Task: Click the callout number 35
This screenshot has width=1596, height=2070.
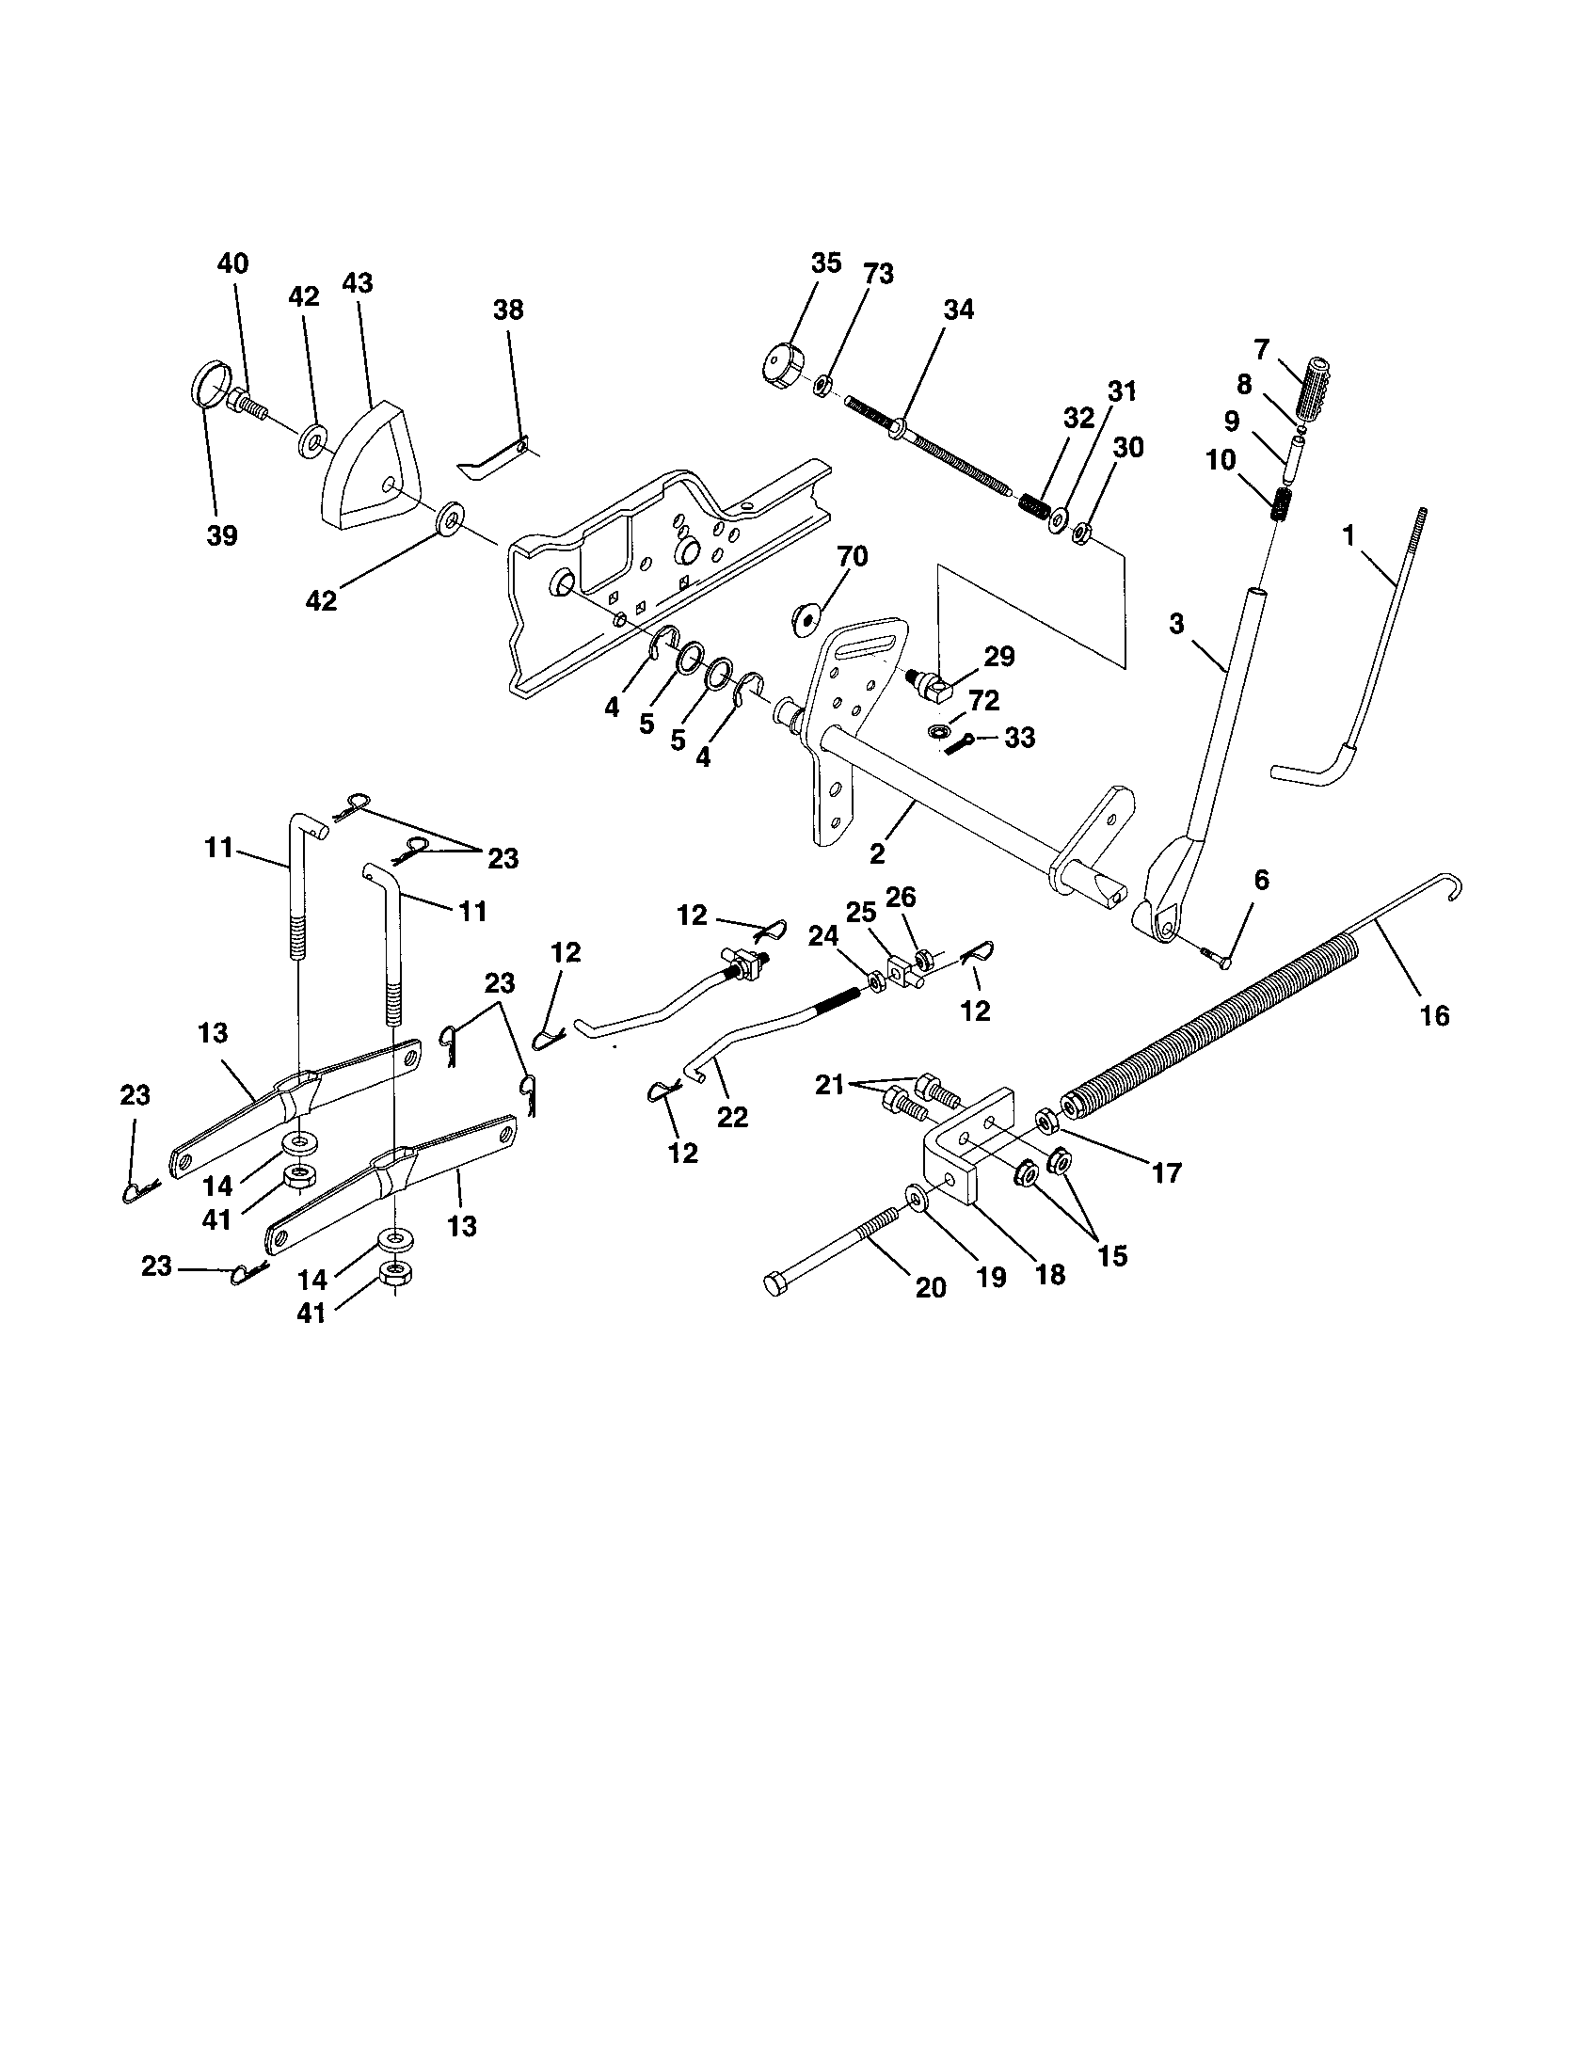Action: [x=826, y=263]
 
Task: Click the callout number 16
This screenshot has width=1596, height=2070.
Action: [x=1435, y=1016]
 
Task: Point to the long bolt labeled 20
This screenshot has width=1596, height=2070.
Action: [x=834, y=1247]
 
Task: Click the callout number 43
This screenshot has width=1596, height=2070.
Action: [x=358, y=283]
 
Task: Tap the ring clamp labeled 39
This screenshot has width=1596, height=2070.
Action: [x=208, y=390]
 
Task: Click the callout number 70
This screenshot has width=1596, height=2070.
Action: [x=852, y=556]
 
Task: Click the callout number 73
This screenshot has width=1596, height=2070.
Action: [x=878, y=274]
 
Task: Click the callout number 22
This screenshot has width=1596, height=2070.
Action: [x=732, y=1117]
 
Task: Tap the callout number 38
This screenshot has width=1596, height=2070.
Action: [x=508, y=310]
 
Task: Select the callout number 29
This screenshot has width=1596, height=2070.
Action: [x=999, y=656]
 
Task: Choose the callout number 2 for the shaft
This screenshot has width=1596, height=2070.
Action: [x=877, y=853]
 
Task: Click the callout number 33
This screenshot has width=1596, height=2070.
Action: [x=1019, y=738]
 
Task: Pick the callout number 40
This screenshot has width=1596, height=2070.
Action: [x=232, y=263]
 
